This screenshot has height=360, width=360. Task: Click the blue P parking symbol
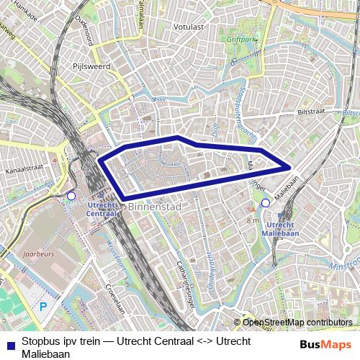[42, 306]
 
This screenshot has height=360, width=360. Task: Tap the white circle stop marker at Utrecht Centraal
[71, 196]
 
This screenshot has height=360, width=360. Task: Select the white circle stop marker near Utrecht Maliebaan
[265, 203]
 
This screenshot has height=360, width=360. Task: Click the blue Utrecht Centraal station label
[102, 209]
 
